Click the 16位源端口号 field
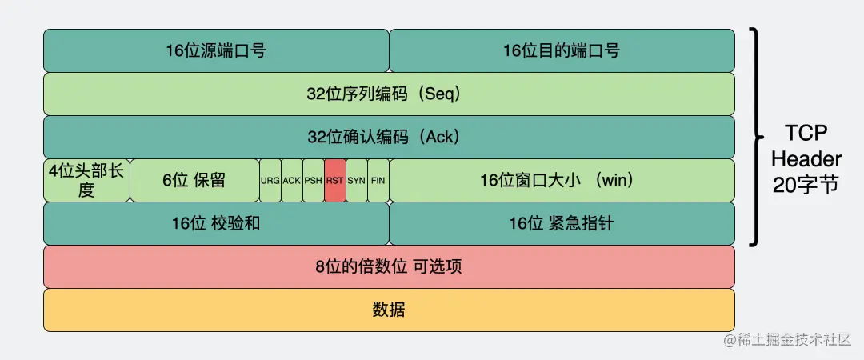pyautogui.click(x=216, y=50)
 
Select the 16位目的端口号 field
pyautogui.click(x=562, y=50)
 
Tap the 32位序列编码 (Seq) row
pyautogui.click(x=389, y=94)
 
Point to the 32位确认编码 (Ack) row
pyautogui.click(x=389, y=137)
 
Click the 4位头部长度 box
pyautogui.click(x=86, y=180)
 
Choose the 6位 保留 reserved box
pyautogui.click(x=194, y=180)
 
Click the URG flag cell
pyautogui.click(x=270, y=180)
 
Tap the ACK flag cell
pyautogui.click(x=292, y=180)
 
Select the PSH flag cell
pyautogui.click(x=314, y=180)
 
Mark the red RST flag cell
pyautogui.click(x=335, y=180)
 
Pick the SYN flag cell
pyautogui.click(x=357, y=180)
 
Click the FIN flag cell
pyautogui.click(x=378, y=180)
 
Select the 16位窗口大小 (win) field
pyautogui.click(x=562, y=180)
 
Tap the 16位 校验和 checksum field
pyautogui.click(x=216, y=223)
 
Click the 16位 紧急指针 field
pyautogui.click(x=562, y=223)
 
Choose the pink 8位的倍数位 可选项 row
pyautogui.click(x=389, y=266)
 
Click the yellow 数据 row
pyautogui.click(x=389, y=310)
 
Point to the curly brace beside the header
pyautogui.click(x=756, y=137)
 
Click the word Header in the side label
pyautogui.click(x=806, y=159)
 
